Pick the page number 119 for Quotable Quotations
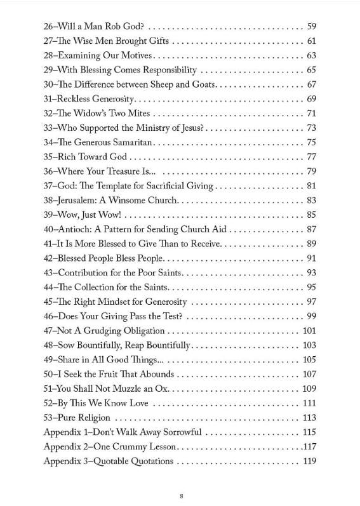(x=309, y=461)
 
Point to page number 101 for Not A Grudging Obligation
(x=309, y=330)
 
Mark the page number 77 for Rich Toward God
(x=310, y=157)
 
